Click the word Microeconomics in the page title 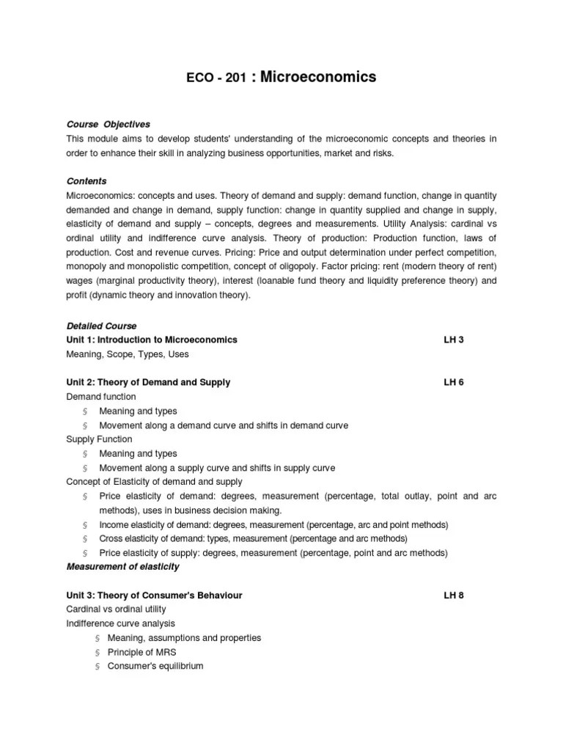[318, 76]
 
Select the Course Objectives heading [108, 125]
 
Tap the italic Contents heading [87, 181]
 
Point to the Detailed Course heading [101, 326]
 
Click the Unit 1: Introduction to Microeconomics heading [152, 340]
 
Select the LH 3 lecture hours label [454, 340]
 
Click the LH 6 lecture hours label [454, 382]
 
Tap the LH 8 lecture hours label [454, 595]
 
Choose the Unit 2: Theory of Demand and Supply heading [148, 382]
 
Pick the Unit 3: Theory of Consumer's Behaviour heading [154, 595]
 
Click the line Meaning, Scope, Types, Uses [128, 354]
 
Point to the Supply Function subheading [99, 439]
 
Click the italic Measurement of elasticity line [122, 567]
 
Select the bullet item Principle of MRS [141, 652]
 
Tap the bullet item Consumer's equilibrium [155, 666]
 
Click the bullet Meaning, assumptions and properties [183, 638]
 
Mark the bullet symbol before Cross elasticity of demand [85, 539]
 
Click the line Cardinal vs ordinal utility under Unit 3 [116, 609]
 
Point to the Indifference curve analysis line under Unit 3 [121, 623]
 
